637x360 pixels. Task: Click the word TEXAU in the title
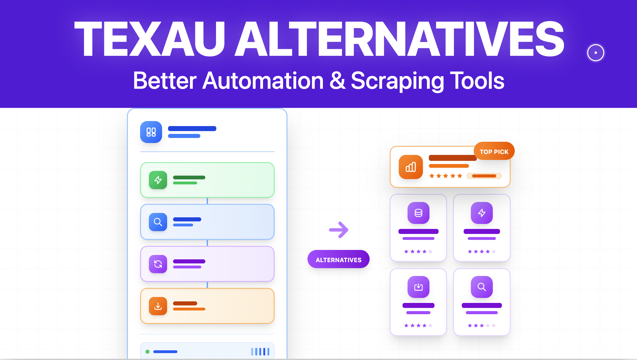[150, 39]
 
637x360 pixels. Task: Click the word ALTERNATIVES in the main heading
[400, 39]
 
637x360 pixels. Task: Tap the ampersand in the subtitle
[337, 81]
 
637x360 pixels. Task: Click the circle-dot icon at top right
[595, 53]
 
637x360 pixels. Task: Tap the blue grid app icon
[151, 132]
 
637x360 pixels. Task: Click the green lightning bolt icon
[158, 180]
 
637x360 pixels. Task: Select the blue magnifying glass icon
[158, 222]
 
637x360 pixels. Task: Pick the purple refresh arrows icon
[158, 264]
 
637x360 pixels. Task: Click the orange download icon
[158, 306]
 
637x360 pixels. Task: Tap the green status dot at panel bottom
[147, 352]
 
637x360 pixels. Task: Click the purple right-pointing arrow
[339, 230]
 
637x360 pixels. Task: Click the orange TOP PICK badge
[494, 151]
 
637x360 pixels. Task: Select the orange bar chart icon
[411, 167]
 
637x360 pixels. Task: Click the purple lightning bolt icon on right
[482, 213]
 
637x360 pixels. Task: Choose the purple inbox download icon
[418, 287]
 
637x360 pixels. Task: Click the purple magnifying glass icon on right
[482, 287]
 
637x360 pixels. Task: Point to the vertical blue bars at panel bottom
[260, 352]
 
